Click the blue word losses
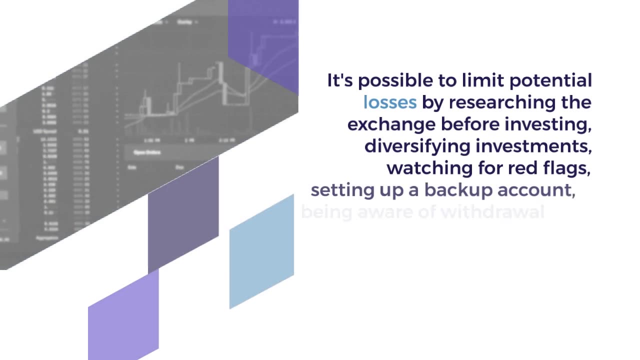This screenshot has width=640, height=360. click(389, 102)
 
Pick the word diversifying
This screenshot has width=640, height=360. click(417, 146)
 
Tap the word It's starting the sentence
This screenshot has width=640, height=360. click(340, 80)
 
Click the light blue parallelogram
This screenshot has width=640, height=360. click(261, 251)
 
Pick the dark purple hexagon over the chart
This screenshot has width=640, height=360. click(263, 45)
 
